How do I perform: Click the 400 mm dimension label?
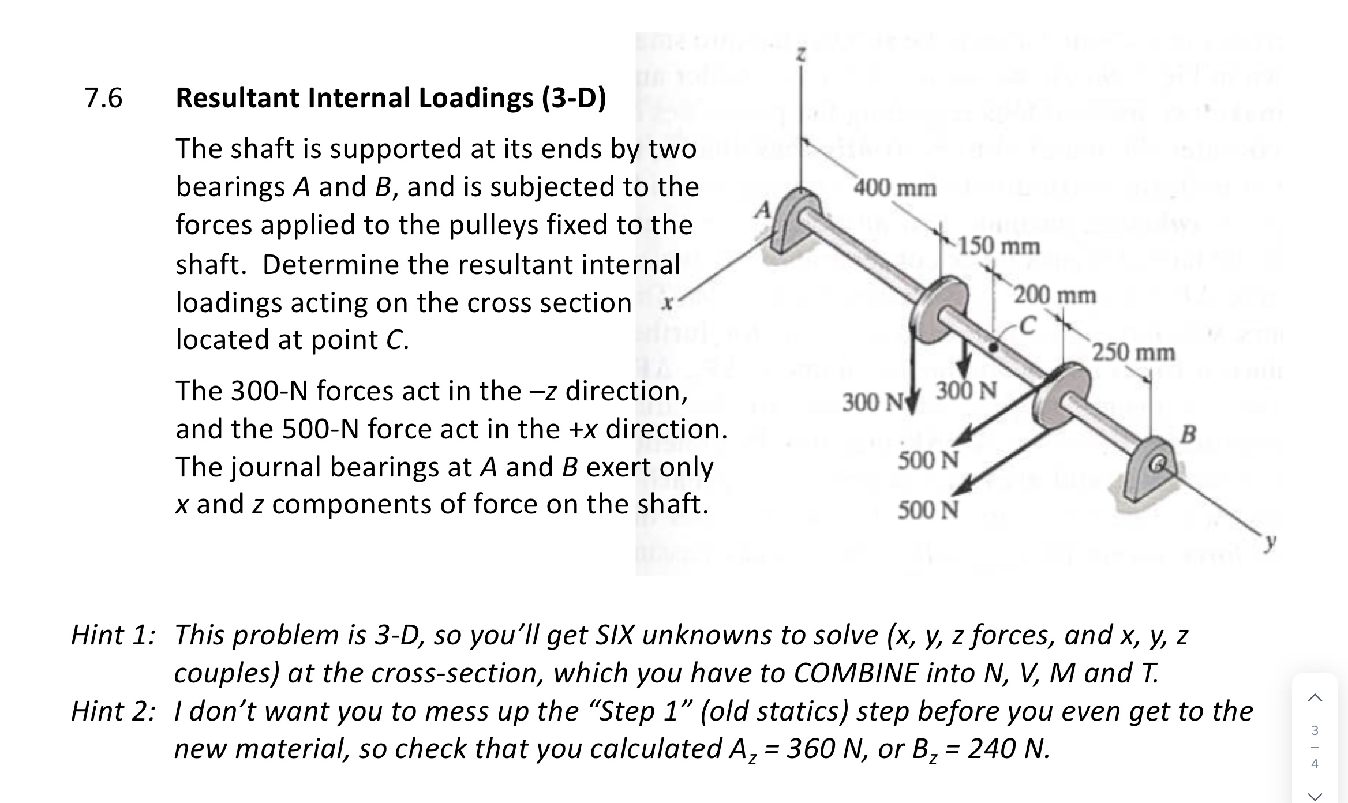point(895,188)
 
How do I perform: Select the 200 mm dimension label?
point(1055,295)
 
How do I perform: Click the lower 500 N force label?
point(928,510)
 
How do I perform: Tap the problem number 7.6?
point(104,98)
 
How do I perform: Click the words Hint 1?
point(113,635)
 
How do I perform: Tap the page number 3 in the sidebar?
point(1315,730)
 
